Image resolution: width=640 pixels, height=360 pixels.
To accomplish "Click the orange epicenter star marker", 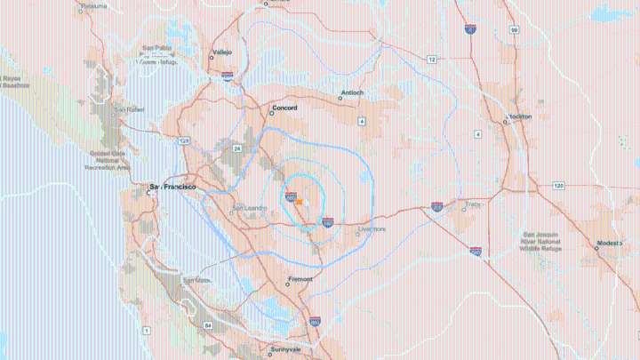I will [x=299, y=202].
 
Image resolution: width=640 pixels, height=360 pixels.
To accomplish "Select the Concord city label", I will [x=284, y=109].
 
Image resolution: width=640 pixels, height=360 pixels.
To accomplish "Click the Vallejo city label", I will [x=221, y=52].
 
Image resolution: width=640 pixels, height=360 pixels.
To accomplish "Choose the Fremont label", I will [x=300, y=279].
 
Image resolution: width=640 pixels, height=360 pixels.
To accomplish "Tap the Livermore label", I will [x=372, y=228].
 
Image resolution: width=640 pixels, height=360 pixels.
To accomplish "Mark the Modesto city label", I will [x=610, y=243].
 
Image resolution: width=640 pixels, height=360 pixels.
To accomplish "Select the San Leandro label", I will [x=249, y=209].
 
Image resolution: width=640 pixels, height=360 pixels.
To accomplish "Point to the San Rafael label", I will [x=129, y=109].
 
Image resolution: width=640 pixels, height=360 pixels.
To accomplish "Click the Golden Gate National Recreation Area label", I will [x=108, y=161].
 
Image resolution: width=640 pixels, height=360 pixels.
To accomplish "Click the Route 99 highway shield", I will [x=515, y=29].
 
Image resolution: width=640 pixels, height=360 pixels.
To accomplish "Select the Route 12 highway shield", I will [x=431, y=59].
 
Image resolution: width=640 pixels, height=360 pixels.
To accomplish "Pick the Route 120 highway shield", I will [x=557, y=186].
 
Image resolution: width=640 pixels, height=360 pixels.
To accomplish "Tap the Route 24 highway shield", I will [x=237, y=148].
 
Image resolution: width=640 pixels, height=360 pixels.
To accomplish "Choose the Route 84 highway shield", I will [x=208, y=326].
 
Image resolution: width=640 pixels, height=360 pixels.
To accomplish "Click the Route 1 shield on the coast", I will [x=146, y=331].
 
